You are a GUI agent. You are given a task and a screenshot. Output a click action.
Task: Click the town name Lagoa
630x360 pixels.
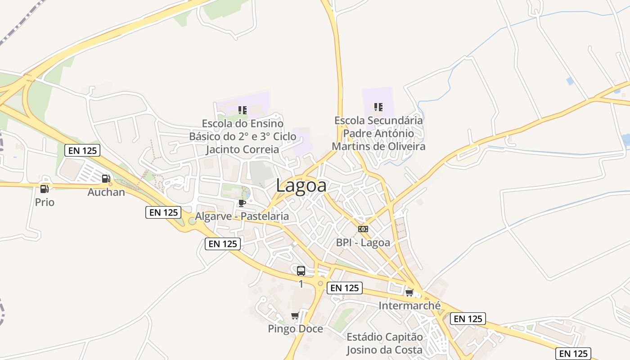tap(301, 185)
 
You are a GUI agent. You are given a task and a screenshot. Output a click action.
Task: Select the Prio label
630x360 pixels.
tap(45, 202)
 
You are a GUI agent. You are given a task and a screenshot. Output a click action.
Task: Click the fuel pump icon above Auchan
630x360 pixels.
tap(106, 179)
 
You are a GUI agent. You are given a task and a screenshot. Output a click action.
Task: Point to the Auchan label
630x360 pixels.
tap(106, 192)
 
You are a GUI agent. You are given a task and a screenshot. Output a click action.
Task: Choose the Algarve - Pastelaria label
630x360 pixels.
tap(242, 216)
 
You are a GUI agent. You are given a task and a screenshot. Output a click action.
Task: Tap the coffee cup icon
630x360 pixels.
tap(242, 203)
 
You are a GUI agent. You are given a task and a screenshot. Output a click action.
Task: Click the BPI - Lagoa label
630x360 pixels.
tap(363, 243)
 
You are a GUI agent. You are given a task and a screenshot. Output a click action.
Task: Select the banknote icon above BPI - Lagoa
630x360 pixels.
tap(363, 229)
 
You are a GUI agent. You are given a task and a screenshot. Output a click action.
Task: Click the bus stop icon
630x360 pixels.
tap(301, 271)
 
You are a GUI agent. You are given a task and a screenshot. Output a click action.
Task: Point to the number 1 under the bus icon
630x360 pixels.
tap(301, 284)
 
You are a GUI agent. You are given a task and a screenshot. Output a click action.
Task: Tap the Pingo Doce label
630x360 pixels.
tap(295, 329)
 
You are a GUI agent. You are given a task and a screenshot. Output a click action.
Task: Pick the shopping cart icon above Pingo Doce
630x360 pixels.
tap(295, 315)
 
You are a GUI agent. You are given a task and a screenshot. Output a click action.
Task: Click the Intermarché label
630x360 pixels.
tap(409, 306)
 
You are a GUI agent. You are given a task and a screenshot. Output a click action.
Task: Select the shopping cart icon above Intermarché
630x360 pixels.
tap(409, 293)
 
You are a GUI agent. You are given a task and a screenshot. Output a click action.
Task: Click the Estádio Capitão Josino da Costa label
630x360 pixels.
tap(385, 343)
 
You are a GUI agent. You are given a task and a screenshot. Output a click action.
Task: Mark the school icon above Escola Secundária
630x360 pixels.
tap(378, 107)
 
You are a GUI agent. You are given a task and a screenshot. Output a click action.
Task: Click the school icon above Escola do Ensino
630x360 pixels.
tap(243, 110)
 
